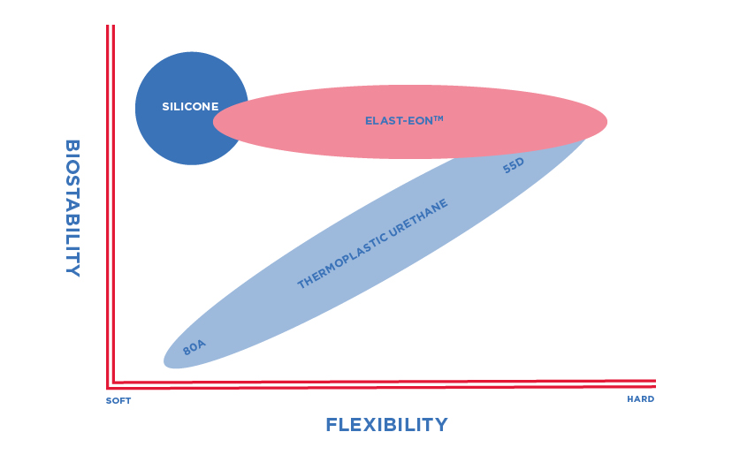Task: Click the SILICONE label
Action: coord(190,107)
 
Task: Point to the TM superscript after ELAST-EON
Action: coord(438,118)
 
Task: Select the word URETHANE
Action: coord(418,216)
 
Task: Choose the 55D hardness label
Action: coord(514,164)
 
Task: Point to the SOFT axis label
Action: coord(118,401)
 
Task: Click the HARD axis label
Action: coord(640,399)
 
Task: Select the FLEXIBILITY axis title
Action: coord(386,425)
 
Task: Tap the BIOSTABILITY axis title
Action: coord(72,208)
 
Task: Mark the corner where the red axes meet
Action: coord(111,385)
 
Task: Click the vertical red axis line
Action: coord(111,221)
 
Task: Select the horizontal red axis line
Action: coord(380,383)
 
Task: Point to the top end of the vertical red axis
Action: coord(111,27)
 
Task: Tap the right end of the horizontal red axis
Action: coord(653,382)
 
